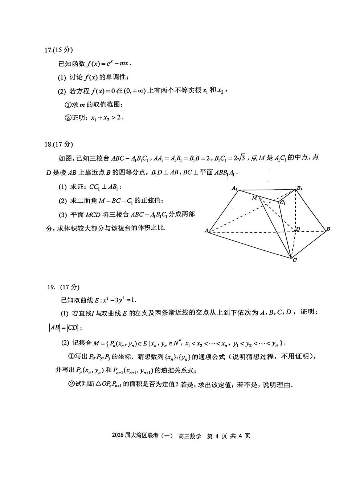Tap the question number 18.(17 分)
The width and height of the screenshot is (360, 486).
pyautogui.click(x=58, y=144)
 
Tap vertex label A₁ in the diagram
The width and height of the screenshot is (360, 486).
pyautogui.click(x=235, y=188)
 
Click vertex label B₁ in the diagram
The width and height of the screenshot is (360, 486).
pyautogui.click(x=299, y=188)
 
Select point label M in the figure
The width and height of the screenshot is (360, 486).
pyautogui.click(x=254, y=198)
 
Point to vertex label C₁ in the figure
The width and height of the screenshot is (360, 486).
pyautogui.click(x=282, y=203)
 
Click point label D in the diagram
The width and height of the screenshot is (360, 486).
pyautogui.click(x=298, y=229)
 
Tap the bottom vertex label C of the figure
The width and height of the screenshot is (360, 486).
pyautogui.click(x=294, y=260)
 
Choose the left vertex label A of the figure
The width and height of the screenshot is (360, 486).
pyautogui.click(x=206, y=231)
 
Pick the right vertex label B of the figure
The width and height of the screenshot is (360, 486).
pyautogui.click(x=328, y=229)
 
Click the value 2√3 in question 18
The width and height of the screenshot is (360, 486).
pyautogui.click(x=240, y=158)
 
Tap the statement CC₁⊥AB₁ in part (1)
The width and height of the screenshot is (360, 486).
pyautogui.click(x=105, y=187)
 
